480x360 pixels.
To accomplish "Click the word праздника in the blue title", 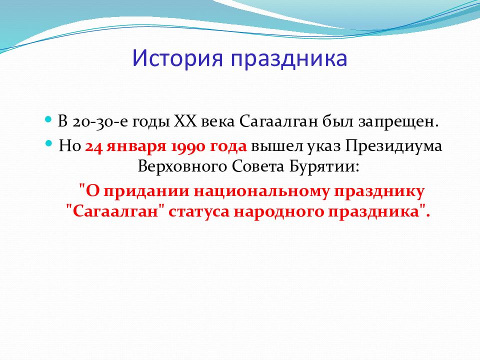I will click(x=289, y=59).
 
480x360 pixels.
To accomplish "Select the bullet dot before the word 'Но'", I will click(x=49, y=143).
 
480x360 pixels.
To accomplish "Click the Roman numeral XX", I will click(x=183, y=122).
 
